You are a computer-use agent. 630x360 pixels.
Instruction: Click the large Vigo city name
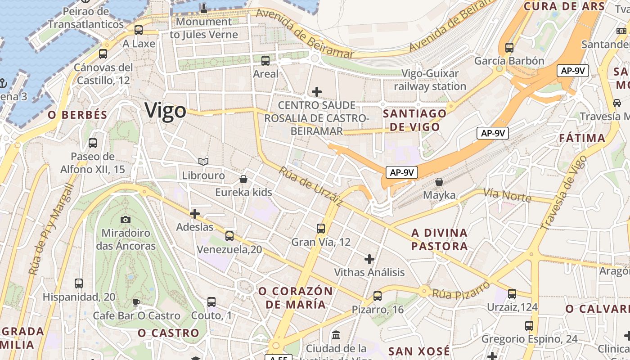pyautogui.click(x=165, y=111)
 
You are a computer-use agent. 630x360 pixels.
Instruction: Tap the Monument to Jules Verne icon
pyautogui.click(x=203, y=8)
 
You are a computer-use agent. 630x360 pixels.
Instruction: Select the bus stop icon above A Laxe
pyautogui.click(x=139, y=30)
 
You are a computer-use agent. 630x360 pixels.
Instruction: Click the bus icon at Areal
pyautogui.click(x=265, y=60)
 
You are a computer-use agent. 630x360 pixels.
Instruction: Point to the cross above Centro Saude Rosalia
pyautogui.click(x=317, y=92)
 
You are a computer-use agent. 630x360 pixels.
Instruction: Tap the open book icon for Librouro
pyautogui.click(x=203, y=162)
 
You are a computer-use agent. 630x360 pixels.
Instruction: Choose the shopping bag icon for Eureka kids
pyautogui.click(x=243, y=179)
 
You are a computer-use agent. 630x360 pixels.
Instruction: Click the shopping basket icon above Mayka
pyautogui.click(x=439, y=182)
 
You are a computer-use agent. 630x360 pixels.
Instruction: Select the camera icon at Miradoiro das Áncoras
pyautogui.click(x=126, y=220)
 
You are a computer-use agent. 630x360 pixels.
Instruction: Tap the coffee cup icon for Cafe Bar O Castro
pyautogui.click(x=136, y=302)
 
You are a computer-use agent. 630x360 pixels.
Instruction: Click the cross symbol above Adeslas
pyautogui.click(x=195, y=213)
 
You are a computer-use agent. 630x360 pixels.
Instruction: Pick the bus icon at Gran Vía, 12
pyautogui.click(x=321, y=228)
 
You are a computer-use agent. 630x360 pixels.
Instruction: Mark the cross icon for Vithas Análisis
pyautogui.click(x=369, y=259)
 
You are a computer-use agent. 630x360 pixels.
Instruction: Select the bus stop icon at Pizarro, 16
pyautogui.click(x=378, y=296)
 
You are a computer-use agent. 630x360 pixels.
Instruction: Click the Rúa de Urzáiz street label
pyautogui.click(x=310, y=187)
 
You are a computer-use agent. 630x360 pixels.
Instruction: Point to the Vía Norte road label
pyautogui.click(x=507, y=195)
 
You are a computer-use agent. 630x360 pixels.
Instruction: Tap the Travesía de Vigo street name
pyautogui.click(x=564, y=192)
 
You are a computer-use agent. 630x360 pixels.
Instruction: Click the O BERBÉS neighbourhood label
pyautogui.click(x=78, y=115)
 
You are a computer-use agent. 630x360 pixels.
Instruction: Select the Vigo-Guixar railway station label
pyautogui.click(x=430, y=80)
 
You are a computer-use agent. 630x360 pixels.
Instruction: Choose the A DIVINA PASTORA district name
pyautogui.click(x=440, y=239)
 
